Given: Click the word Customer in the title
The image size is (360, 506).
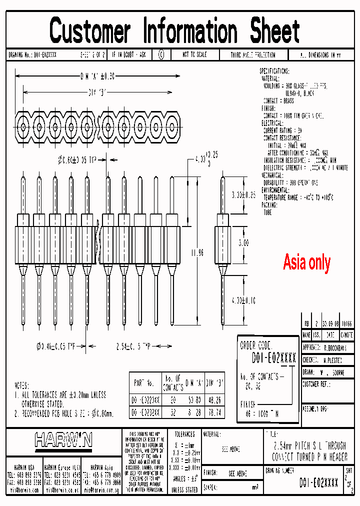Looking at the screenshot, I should point(89,30).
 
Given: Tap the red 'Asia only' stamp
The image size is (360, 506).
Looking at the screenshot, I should point(306,262).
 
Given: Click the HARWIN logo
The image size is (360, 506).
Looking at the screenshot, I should point(63,440).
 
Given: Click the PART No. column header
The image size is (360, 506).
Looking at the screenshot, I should point(144,383).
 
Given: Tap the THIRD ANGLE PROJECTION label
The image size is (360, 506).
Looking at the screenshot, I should point(253,55).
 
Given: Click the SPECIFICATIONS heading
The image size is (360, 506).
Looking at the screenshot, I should point(281,71).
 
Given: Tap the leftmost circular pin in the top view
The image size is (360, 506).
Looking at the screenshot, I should point(23,123).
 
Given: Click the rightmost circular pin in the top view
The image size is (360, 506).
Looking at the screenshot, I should point(171,123).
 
